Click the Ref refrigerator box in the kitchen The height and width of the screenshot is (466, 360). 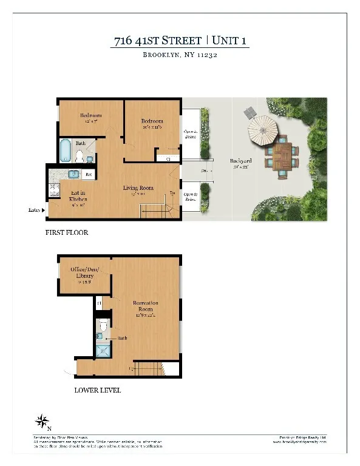tap(88, 175)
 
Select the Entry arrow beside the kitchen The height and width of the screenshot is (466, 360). tap(43, 210)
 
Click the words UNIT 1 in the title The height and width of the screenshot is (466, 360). tap(229, 41)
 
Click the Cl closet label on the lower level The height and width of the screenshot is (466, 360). tap(99, 301)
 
